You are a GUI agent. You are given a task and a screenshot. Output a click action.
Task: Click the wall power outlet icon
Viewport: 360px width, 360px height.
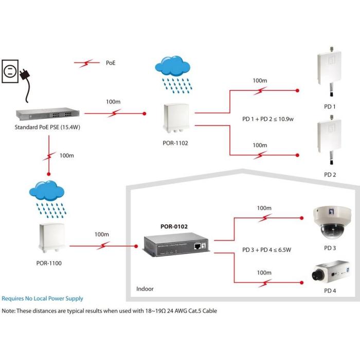click(x=11, y=73)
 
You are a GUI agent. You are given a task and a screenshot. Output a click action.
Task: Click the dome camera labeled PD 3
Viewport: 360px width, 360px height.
click(x=330, y=222)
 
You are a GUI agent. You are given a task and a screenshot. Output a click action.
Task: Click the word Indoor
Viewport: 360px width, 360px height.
click(x=145, y=289)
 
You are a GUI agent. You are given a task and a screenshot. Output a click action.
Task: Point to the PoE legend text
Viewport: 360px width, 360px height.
click(x=111, y=63)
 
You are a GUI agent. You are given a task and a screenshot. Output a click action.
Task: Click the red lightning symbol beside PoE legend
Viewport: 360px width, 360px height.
click(x=86, y=63)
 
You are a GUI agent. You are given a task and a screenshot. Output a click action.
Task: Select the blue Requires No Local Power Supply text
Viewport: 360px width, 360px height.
click(x=42, y=298)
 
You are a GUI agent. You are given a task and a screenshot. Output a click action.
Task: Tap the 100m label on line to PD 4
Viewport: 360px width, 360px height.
click(x=264, y=273)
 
